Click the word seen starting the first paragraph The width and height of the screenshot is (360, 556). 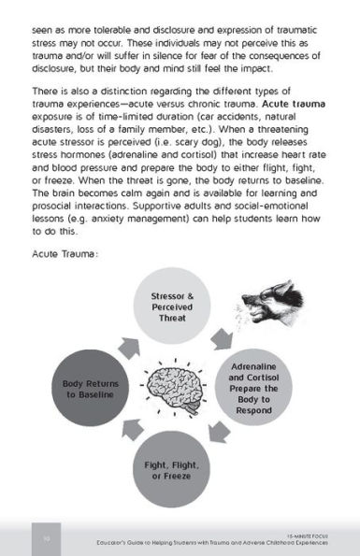(43, 17)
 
